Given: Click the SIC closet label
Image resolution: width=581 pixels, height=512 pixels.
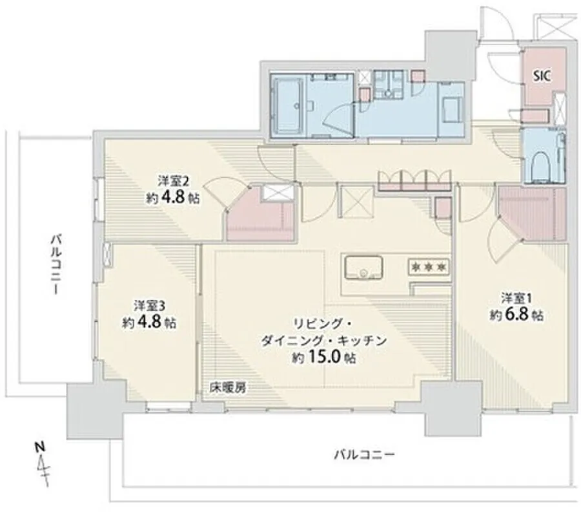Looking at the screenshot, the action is point(542,76).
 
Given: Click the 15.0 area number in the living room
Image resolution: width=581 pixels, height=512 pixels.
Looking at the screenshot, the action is point(325,357).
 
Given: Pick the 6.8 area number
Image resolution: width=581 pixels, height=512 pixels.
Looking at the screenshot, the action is point(515,315).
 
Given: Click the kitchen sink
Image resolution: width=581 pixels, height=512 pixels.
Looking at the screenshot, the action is point(363,267).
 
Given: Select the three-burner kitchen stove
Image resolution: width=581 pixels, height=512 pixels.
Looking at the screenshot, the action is point(429,267).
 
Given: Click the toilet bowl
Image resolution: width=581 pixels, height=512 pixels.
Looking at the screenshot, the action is point(542,165).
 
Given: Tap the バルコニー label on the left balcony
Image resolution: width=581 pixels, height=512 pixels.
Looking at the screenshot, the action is point(56,264).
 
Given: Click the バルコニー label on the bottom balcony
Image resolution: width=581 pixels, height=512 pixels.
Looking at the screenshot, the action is point(364,454).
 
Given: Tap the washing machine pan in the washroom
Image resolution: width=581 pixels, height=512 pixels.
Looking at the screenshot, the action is point(451,109).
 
